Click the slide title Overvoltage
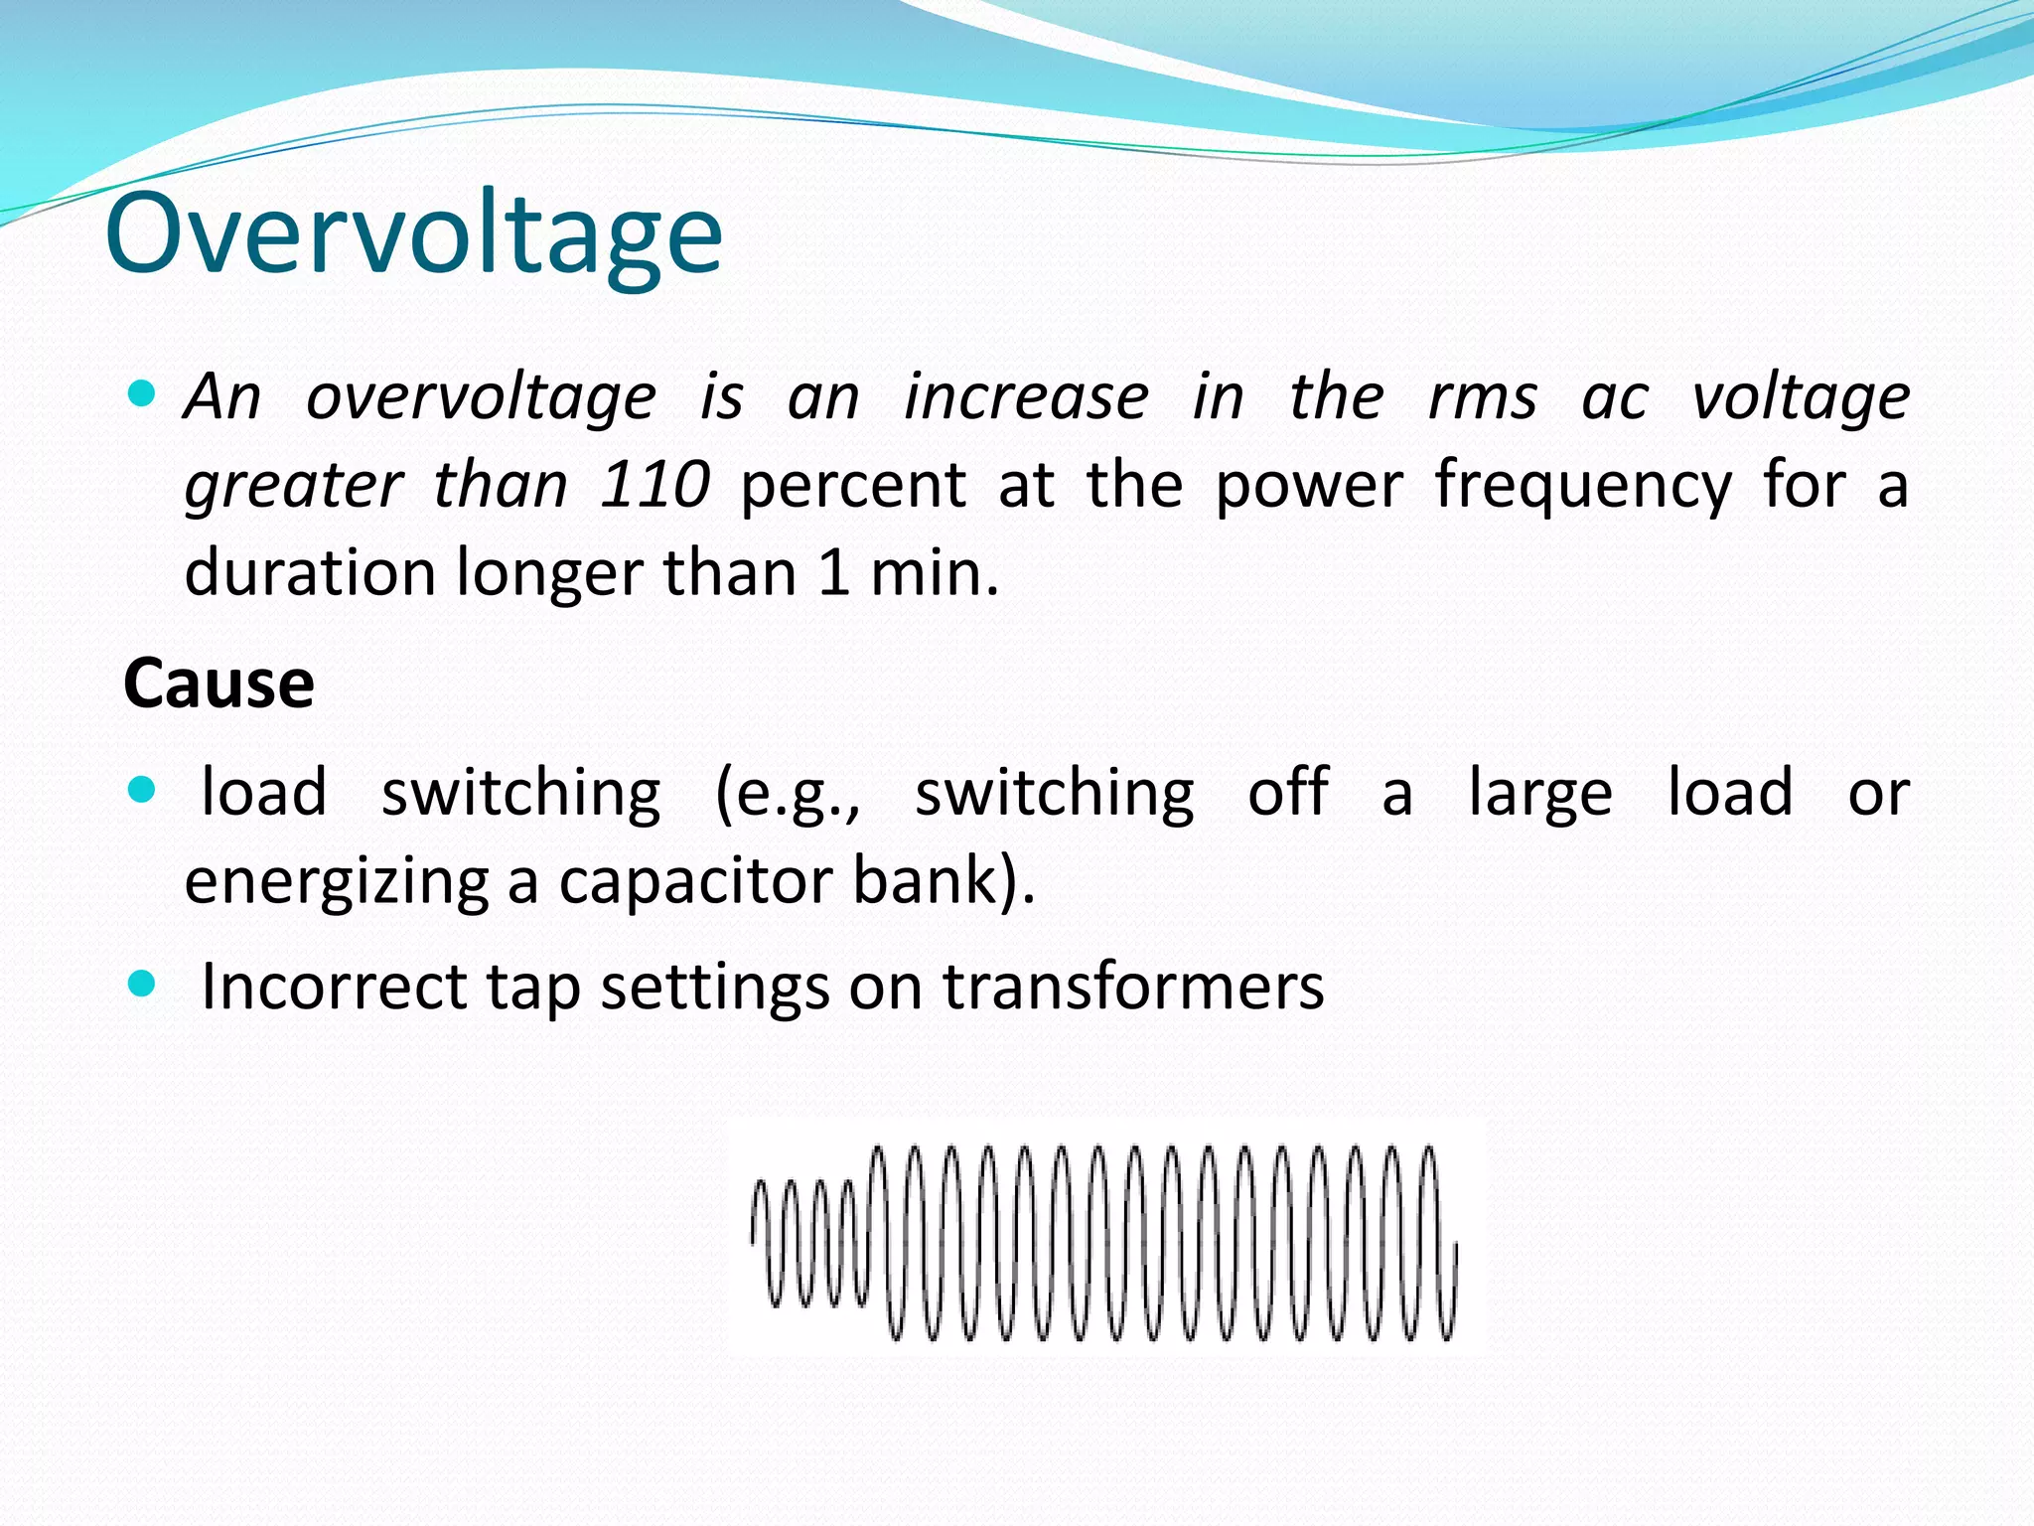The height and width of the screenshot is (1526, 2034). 413,234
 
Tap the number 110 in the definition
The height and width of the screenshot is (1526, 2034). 654,485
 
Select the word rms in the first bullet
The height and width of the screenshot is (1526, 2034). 1482,397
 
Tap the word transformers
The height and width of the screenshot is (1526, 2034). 1133,987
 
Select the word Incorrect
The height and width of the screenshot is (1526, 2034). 334,987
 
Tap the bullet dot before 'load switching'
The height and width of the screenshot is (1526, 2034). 143,791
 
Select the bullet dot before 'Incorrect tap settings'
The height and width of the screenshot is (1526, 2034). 143,985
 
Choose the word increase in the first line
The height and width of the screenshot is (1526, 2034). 1026,397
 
